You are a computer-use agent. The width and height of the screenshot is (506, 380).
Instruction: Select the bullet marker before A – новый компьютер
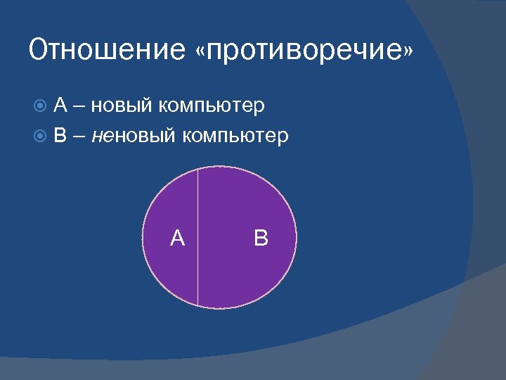(x=40, y=106)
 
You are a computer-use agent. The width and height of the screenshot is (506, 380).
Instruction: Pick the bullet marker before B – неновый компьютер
(x=40, y=135)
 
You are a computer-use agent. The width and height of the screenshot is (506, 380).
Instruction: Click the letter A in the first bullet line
(x=60, y=106)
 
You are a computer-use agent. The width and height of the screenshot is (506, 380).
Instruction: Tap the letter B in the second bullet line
(x=60, y=135)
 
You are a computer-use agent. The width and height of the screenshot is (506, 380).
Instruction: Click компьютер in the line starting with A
(x=212, y=107)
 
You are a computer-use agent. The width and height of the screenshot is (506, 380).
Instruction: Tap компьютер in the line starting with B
(x=235, y=136)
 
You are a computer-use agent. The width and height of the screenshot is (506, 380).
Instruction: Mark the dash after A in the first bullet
(x=77, y=107)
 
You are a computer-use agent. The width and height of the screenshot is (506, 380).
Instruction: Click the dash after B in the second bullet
(x=77, y=136)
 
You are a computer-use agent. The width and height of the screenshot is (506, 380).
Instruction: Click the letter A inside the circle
(x=178, y=239)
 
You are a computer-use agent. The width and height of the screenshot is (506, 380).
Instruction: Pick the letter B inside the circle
(x=261, y=238)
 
